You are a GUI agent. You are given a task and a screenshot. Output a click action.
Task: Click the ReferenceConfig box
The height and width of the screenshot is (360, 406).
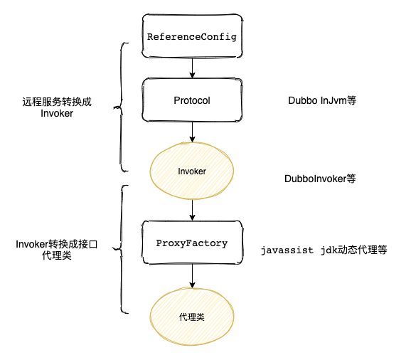click(192, 36)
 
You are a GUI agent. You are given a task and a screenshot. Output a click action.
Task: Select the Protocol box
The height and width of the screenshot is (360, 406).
click(192, 100)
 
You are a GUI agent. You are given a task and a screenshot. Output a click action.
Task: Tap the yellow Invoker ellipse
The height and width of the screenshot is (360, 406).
click(192, 171)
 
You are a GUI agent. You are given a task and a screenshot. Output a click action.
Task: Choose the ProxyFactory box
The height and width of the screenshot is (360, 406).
click(192, 243)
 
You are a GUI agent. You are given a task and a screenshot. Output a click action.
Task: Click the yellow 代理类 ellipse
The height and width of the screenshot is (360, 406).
click(192, 316)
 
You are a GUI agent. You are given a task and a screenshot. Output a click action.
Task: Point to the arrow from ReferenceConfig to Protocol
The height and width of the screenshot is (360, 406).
click(192, 68)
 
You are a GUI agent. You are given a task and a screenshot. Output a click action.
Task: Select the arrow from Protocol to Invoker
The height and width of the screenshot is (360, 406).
click(192, 134)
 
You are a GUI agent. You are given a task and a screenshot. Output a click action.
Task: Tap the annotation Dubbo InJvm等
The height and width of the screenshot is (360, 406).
click(321, 101)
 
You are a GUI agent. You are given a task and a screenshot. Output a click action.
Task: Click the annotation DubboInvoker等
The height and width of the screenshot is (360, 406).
click(319, 179)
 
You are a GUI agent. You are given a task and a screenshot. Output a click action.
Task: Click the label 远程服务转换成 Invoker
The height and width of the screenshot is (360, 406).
click(57, 108)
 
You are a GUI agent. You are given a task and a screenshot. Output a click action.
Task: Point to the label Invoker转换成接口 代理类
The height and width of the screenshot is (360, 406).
click(56, 250)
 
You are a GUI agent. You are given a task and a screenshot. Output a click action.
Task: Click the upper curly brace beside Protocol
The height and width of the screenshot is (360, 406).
click(122, 107)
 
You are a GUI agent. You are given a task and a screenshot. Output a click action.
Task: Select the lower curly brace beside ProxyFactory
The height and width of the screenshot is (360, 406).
click(122, 249)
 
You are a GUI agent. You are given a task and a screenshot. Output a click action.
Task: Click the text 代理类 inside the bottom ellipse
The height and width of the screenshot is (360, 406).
click(192, 316)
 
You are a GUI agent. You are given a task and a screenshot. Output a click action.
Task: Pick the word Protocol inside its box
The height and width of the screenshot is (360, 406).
click(192, 100)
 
